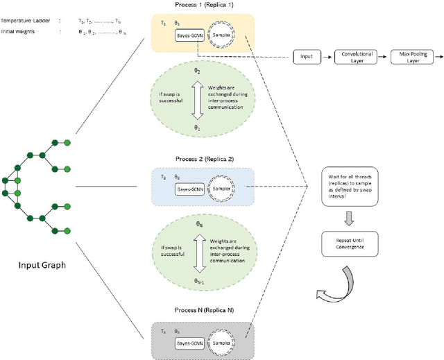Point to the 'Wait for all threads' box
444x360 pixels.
tap(348, 185)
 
